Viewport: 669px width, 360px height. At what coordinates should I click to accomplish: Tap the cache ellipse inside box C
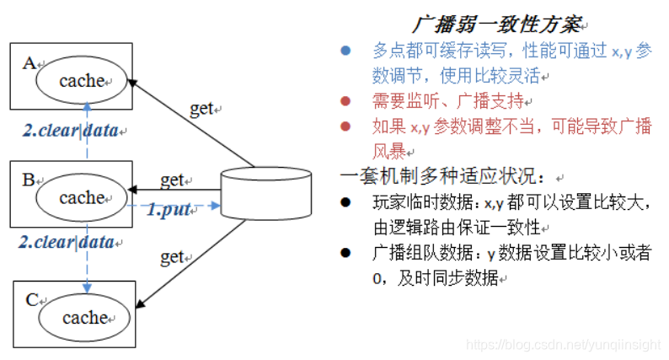click(x=85, y=317)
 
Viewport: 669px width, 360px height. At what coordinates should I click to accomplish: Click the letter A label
click(x=30, y=64)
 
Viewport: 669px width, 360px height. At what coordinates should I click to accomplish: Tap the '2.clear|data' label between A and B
click(x=72, y=132)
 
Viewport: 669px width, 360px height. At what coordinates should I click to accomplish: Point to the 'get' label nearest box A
click(x=202, y=108)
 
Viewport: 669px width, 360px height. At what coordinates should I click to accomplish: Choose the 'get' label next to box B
click(x=172, y=180)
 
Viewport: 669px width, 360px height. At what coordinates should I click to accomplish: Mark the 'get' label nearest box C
click(x=171, y=256)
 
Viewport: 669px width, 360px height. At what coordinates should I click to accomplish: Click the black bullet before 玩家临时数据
click(x=345, y=202)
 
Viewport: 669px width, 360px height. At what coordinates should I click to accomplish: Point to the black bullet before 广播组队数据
click(x=345, y=252)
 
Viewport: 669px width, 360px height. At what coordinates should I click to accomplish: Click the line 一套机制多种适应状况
click(x=447, y=177)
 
